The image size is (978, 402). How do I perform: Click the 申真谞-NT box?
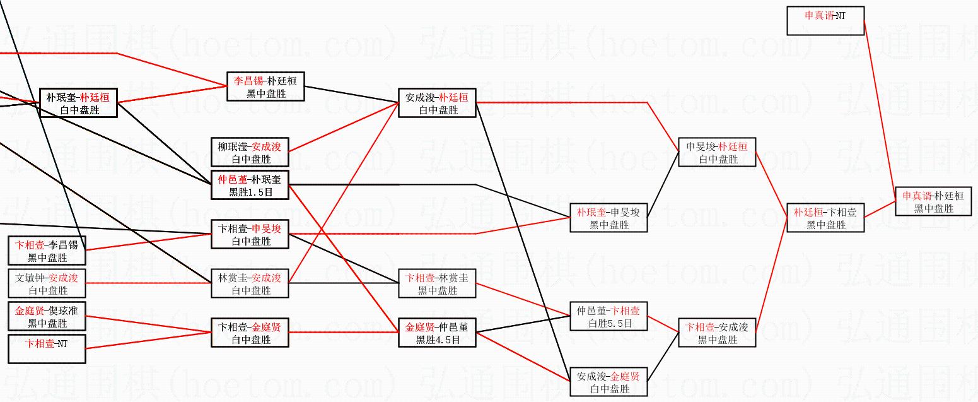tap(825, 20)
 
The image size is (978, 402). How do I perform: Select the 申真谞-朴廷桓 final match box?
tap(933, 201)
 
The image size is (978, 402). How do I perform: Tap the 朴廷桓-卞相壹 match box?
tap(825, 218)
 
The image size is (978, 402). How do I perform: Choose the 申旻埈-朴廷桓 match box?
tap(717, 152)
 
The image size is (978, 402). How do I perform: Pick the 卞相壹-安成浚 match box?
tap(717, 333)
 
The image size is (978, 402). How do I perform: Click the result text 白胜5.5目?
tap(609, 323)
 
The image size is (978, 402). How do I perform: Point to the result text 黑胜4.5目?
tap(438, 340)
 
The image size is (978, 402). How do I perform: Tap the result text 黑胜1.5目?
tap(250, 192)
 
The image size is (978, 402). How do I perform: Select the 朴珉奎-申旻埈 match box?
tap(608, 218)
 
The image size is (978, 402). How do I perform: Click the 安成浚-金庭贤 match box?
tap(608, 382)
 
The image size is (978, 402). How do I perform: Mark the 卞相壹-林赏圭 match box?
tap(438, 283)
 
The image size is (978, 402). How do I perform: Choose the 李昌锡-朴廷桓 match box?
tap(265, 86)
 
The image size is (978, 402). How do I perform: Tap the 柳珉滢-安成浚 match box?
tap(250, 152)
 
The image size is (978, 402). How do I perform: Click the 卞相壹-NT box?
tap(47, 349)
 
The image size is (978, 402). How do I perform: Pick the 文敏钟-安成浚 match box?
tap(47, 283)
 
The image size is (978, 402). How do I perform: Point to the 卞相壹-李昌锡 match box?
tap(47, 251)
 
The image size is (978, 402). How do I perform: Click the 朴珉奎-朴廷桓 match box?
tap(78, 103)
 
